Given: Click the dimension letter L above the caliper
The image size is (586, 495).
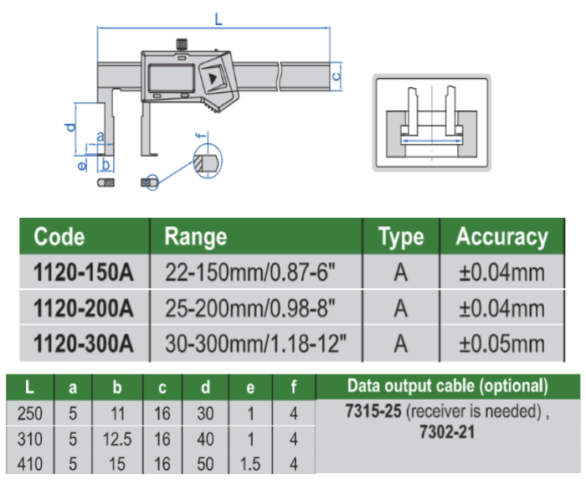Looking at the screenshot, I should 218,19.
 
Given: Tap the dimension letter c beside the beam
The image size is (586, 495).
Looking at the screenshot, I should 337,75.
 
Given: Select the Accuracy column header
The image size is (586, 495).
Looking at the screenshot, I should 501,236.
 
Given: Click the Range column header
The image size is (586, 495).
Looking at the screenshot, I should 195,236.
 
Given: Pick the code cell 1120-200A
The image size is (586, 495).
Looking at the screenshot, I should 83,308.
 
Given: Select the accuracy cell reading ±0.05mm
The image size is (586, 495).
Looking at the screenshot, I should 501,343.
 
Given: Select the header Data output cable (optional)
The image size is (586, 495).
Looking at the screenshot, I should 447,386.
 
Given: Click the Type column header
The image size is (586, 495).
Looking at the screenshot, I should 401,236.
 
